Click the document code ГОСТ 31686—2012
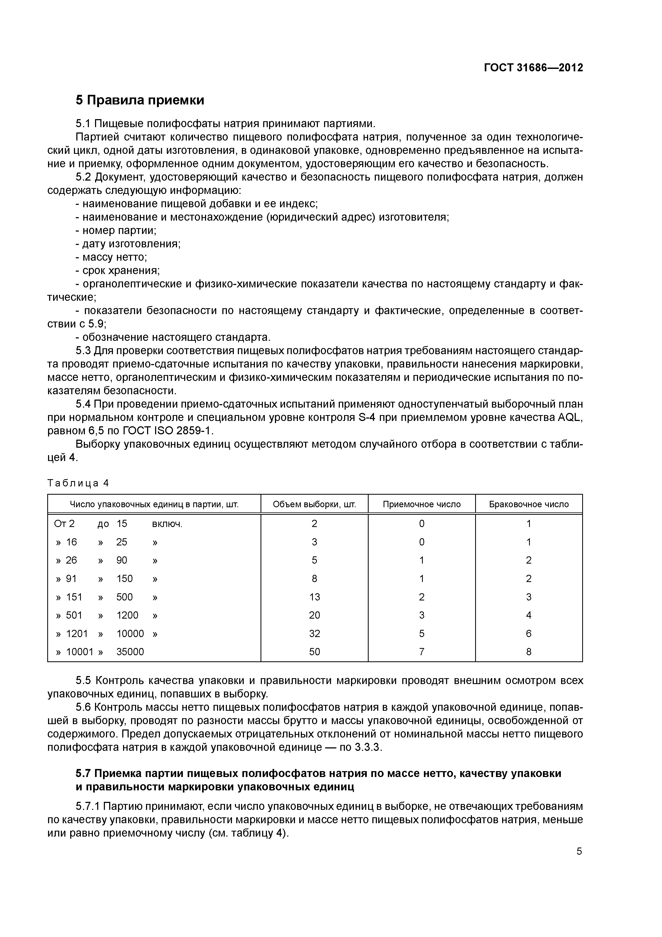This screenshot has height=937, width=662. tap(534, 68)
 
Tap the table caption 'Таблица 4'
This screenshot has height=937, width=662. tap(78, 483)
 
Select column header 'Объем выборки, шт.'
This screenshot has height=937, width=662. tap(314, 504)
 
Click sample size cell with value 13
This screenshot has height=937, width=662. tap(314, 597)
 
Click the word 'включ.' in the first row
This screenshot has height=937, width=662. tap(167, 524)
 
